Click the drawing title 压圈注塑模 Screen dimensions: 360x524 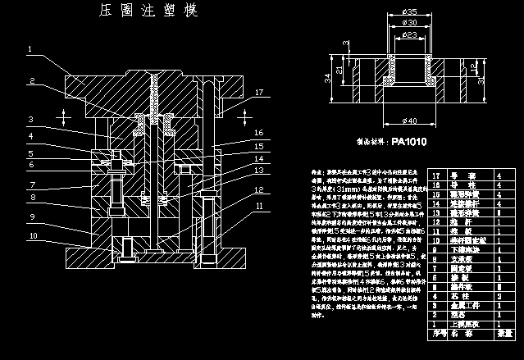click(x=148, y=11)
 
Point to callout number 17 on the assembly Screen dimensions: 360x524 click(x=258, y=92)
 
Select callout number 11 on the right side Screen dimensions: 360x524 click(x=258, y=206)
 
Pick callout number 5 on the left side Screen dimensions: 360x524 click(x=30, y=153)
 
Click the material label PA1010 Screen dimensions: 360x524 click(x=409, y=140)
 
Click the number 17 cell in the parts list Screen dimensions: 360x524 click(x=436, y=176)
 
